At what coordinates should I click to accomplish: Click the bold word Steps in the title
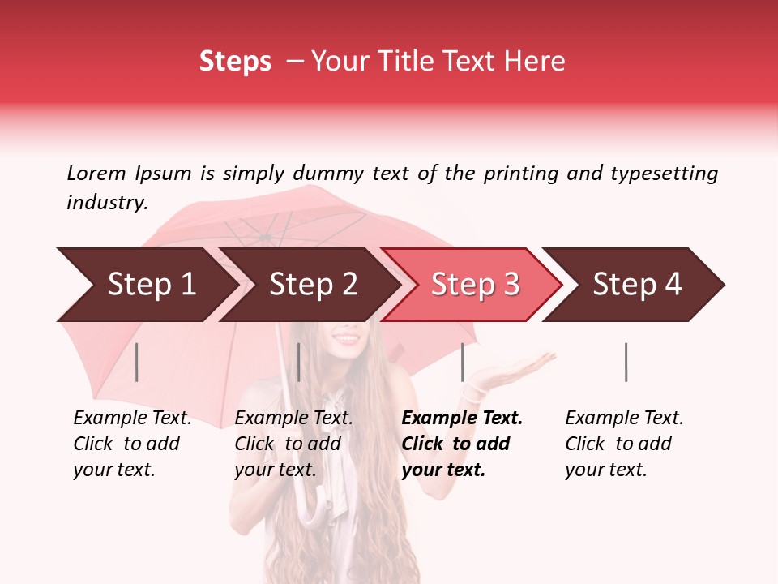coord(235,62)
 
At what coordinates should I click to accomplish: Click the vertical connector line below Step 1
coord(137,362)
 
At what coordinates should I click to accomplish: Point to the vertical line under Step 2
coord(299,362)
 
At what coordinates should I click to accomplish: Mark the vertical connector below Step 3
coord(463,362)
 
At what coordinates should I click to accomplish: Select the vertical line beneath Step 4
coord(626,362)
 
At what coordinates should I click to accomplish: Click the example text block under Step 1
coord(132,444)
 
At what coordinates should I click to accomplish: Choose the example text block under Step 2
coord(293,444)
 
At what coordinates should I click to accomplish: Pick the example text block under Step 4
coord(624,444)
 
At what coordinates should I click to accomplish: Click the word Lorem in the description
coord(96,173)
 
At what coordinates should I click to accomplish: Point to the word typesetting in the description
coord(664,174)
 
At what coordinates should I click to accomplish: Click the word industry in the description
coord(106,203)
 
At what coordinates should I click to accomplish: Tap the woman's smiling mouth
coord(346,337)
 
